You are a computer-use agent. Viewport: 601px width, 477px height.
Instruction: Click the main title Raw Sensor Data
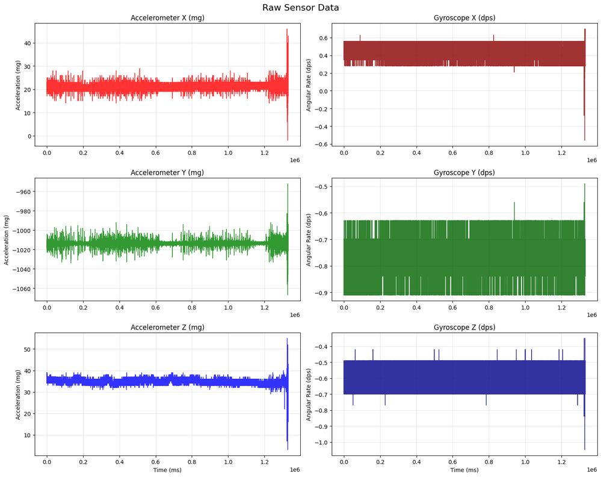[x=300, y=8]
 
